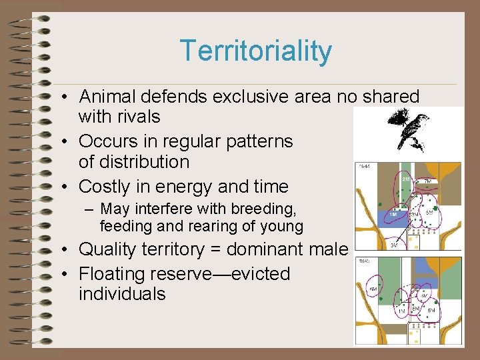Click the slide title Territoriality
point(255,51)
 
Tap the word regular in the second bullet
point(190,141)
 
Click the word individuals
point(121,294)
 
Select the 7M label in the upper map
point(428,181)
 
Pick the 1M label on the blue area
point(393,214)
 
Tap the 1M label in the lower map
point(401,311)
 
